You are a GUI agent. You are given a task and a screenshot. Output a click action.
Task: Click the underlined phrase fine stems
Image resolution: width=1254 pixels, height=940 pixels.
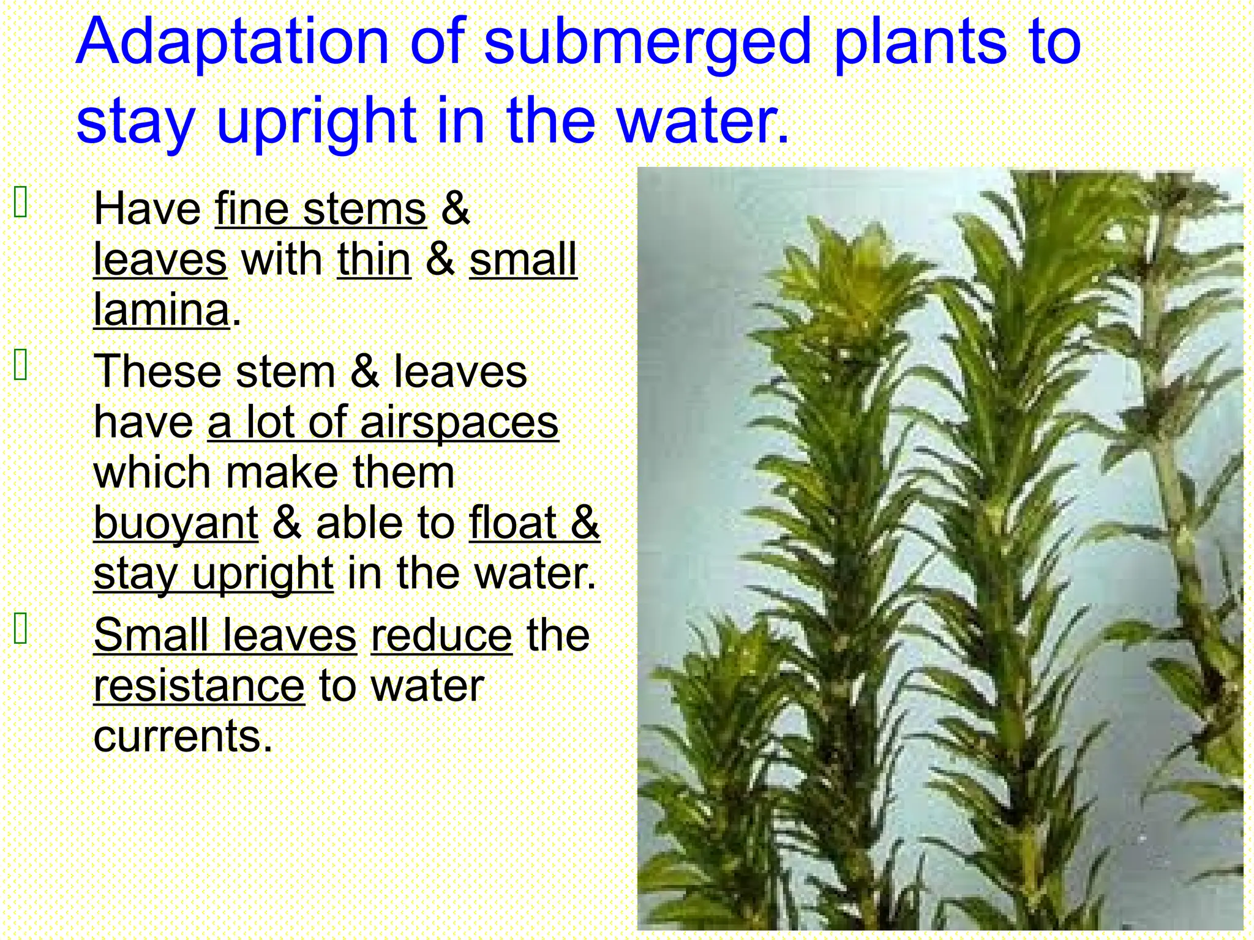pos(320,209)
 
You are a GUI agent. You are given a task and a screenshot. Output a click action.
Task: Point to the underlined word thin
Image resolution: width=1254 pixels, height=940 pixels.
pos(374,259)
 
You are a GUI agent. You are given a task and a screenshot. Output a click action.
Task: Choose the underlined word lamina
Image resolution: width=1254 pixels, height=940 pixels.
pos(162,310)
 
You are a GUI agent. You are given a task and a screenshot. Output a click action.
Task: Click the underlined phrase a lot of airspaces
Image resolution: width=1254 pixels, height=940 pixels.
pos(383,422)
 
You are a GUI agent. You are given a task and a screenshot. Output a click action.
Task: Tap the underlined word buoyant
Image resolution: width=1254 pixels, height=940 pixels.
pos(176,523)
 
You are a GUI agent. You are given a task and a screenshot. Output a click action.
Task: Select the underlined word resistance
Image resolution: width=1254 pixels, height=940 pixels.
pos(198,685)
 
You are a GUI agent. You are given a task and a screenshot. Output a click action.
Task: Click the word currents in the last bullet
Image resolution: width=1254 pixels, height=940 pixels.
pos(182,736)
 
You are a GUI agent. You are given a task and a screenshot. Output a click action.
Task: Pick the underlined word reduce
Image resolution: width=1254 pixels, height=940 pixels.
pos(441,635)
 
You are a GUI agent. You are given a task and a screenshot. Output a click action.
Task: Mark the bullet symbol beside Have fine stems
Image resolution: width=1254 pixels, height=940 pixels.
pos(21,203)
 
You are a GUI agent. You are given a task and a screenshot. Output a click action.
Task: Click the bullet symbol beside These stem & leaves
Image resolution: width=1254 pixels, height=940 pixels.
pos(21,365)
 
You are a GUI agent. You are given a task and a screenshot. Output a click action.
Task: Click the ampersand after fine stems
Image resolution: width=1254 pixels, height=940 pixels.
pos(455,209)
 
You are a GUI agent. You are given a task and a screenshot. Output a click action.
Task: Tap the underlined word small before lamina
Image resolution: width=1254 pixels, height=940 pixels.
pos(523,259)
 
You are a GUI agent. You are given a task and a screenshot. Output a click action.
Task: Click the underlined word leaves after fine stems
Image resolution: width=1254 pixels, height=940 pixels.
pos(160,259)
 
